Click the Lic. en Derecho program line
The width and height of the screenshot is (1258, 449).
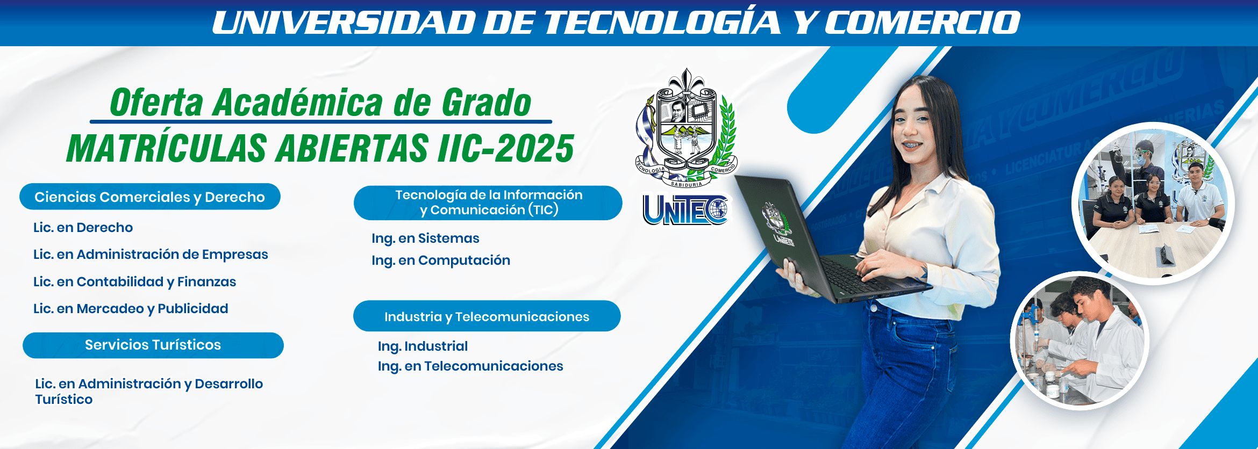(x=83, y=228)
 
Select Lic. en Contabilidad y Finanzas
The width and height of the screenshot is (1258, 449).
(x=134, y=282)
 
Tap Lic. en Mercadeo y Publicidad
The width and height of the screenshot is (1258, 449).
(x=131, y=309)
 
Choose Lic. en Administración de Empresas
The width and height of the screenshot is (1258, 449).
(x=151, y=255)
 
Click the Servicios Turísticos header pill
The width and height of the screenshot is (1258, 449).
(x=153, y=345)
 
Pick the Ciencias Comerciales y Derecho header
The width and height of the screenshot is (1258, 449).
(x=150, y=197)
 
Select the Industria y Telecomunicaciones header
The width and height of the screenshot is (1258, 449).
(x=487, y=316)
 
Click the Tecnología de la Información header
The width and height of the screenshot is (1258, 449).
(x=488, y=203)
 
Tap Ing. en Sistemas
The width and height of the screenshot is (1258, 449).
(x=425, y=238)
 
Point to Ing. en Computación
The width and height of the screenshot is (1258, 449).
(x=441, y=260)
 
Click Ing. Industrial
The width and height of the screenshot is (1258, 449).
(x=423, y=346)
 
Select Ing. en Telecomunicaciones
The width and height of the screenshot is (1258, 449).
(x=470, y=366)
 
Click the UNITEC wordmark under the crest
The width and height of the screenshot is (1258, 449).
(x=685, y=209)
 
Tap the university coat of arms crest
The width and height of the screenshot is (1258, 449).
(x=686, y=129)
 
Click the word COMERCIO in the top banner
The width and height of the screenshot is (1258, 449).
(x=923, y=23)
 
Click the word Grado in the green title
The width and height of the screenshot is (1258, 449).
(x=487, y=103)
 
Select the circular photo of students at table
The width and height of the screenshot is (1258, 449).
(x=1153, y=204)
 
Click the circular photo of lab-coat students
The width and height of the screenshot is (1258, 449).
(x=1080, y=341)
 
